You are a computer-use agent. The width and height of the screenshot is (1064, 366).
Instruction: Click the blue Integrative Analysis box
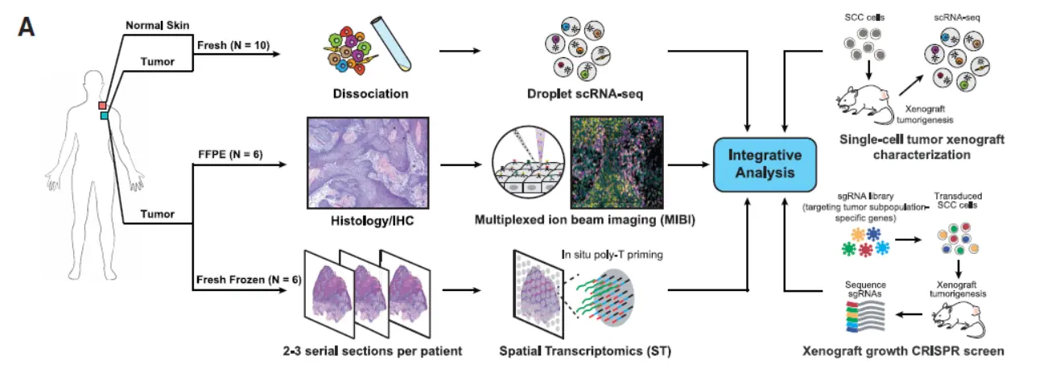[x=765, y=164]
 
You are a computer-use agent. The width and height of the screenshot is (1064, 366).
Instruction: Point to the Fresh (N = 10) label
[x=233, y=45]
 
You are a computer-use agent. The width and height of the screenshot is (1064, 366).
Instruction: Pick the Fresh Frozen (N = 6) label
[x=247, y=281]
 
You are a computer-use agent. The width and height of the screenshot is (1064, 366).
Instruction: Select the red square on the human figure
[x=103, y=106]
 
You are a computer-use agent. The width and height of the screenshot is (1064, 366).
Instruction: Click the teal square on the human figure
[x=104, y=116]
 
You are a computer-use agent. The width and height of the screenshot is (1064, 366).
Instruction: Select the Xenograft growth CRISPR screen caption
[x=902, y=351]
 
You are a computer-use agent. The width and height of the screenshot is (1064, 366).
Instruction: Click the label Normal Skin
[x=157, y=26]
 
